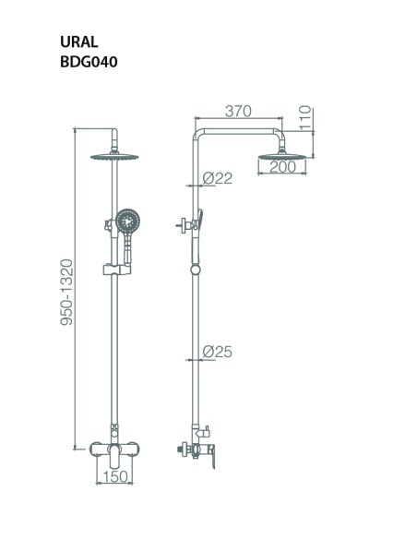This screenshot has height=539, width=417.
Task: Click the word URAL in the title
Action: [x=79, y=42]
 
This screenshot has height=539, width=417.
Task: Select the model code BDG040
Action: [x=89, y=62]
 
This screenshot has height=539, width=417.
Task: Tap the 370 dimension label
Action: [x=238, y=111]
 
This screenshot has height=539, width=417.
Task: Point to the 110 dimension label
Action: [x=305, y=118]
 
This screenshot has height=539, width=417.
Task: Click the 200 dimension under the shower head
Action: [x=282, y=167]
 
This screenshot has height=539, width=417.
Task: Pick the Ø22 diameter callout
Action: [x=217, y=178]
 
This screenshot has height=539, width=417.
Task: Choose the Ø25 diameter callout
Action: [x=217, y=352]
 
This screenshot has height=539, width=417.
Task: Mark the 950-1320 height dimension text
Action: [x=66, y=293]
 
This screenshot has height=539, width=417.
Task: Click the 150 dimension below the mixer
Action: [x=115, y=476]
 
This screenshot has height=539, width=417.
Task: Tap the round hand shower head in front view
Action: [x=128, y=221]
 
